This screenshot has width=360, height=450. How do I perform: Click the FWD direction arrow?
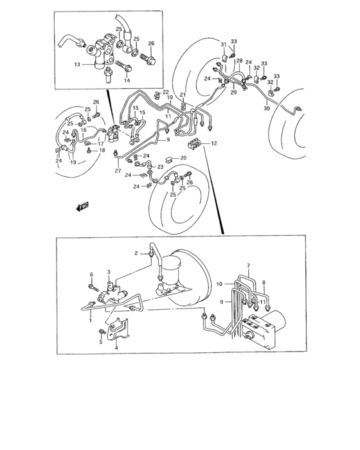point(83,206)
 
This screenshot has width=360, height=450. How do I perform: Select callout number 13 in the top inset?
point(77,64)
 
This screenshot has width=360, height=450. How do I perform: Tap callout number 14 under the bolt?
point(127,80)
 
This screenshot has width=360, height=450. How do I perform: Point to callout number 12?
point(214,143)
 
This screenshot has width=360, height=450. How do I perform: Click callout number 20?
point(183,158)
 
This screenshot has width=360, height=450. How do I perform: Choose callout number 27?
point(118,171)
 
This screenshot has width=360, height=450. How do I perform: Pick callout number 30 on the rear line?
point(267,108)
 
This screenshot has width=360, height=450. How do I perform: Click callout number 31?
point(224,44)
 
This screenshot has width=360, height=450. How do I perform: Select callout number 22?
point(166,92)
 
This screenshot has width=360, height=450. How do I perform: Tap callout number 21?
point(183,94)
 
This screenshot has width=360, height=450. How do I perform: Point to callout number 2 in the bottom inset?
point(136,253)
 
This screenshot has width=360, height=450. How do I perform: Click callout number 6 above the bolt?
point(91,274)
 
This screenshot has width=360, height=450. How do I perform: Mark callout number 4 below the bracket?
point(116,348)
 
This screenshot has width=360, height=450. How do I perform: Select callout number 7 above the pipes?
point(249,265)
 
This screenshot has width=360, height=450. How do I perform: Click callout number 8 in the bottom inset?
point(264,283)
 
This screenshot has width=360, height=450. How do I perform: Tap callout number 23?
point(160,166)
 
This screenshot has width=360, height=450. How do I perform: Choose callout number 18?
point(102,150)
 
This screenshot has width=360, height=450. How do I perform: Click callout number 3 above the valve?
point(109,272)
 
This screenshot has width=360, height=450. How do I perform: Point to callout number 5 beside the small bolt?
point(101,342)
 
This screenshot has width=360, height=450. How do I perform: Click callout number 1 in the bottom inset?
point(91,320)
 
